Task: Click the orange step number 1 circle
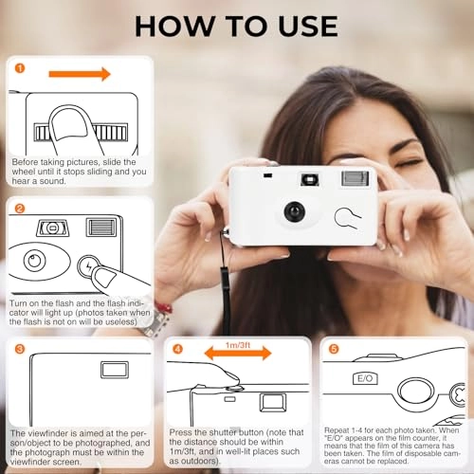(20, 68)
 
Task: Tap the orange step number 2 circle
(20, 209)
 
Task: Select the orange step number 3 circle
(20, 349)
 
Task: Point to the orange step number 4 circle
(178, 349)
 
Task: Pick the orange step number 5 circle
(334, 349)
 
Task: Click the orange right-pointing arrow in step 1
(80, 74)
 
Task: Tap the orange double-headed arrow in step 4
(238, 354)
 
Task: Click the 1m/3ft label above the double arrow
(238, 345)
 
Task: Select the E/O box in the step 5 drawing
(365, 378)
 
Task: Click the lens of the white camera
(295, 211)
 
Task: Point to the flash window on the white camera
(355, 178)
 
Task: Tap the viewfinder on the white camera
(310, 180)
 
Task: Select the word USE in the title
(308, 27)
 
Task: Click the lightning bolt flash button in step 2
(88, 266)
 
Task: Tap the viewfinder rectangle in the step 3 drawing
(115, 370)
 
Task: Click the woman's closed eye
(410, 164)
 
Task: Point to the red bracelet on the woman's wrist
(164, 307)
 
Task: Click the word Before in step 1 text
(26, 162)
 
